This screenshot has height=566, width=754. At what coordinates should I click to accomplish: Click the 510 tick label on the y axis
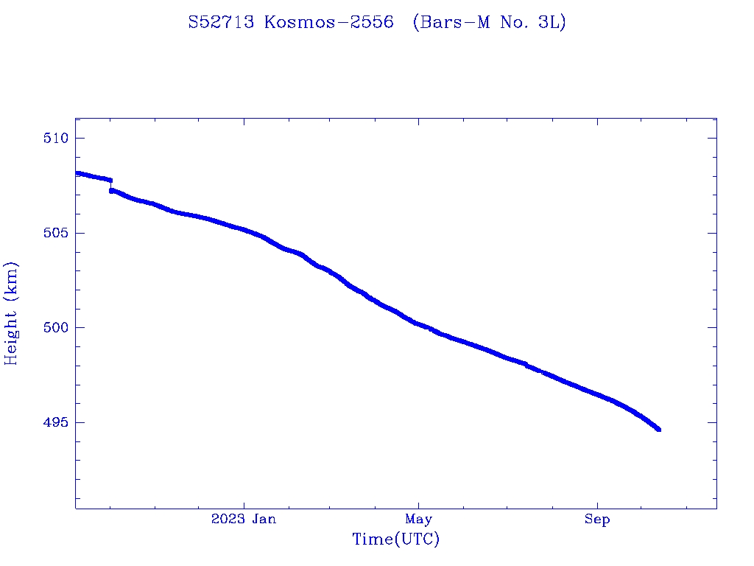point(56,139)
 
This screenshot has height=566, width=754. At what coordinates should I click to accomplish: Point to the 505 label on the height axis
point(56,233)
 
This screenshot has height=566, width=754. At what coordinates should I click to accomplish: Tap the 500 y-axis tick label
point(56,327)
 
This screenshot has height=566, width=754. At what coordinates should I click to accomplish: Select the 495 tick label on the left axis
point(56,422)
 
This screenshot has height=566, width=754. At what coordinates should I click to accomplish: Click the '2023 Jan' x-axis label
point(244,520)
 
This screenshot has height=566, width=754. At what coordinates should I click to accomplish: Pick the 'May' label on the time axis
point(418,520)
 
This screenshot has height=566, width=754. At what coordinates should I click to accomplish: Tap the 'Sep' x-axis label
point(597,520)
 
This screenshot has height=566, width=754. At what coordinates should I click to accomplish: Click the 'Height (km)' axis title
point(11,313)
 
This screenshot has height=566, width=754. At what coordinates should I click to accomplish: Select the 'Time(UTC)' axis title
point(396,539)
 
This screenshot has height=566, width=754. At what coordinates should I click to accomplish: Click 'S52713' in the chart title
point(222,23)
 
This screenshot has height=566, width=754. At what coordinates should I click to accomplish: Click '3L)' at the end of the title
point(551,23)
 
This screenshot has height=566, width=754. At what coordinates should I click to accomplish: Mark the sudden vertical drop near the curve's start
point(110,185)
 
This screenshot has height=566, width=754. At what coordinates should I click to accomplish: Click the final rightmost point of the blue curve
point(658,429)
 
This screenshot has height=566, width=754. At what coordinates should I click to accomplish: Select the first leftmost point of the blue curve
point(77,173)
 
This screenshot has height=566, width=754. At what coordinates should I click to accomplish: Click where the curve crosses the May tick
point(418,324)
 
